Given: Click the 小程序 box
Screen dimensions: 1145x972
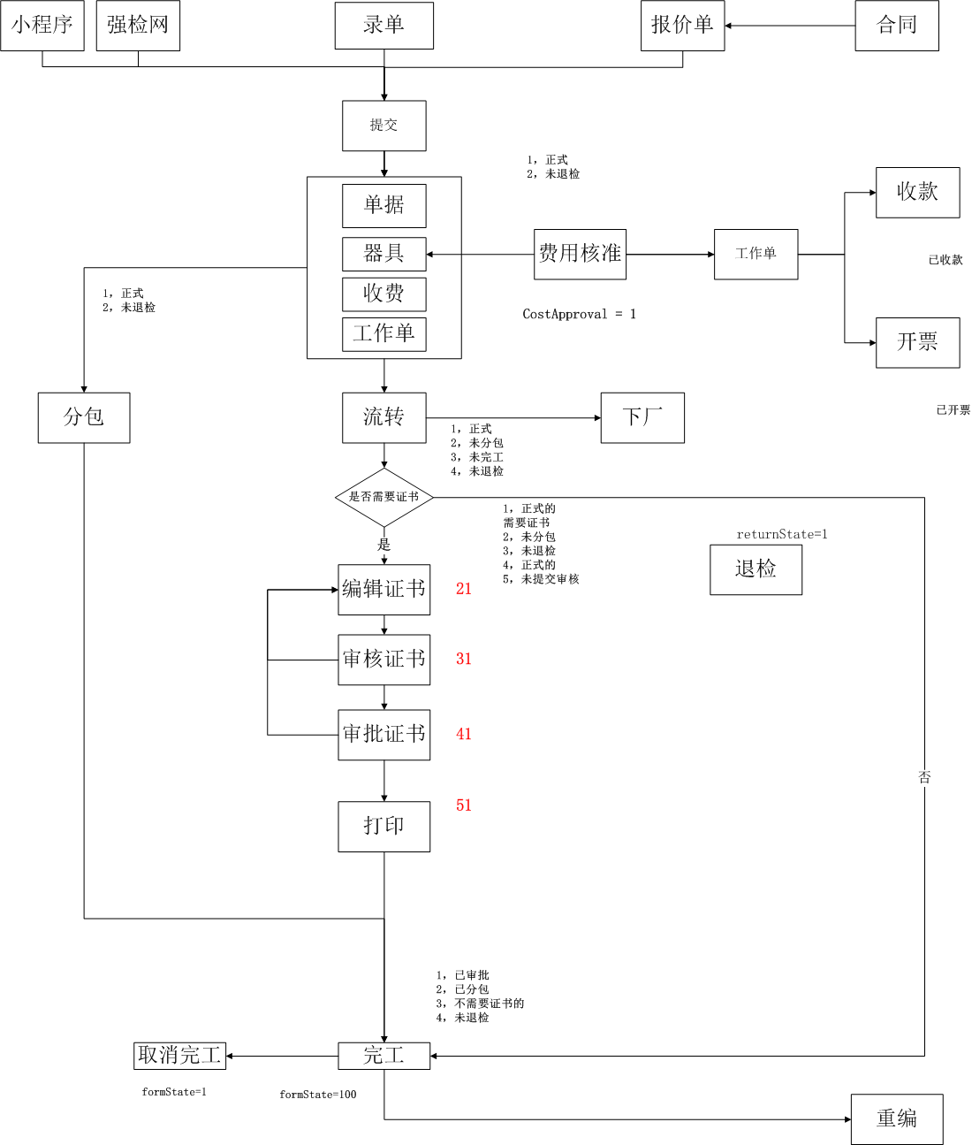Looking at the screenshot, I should coord(42,26).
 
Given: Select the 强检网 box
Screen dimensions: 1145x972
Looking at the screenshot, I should coord(138,26).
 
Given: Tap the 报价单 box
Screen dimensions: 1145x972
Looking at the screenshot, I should coord(682,26).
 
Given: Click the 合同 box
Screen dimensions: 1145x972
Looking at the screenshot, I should coord(897,26).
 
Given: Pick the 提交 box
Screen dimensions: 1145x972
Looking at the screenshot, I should coord(384,126).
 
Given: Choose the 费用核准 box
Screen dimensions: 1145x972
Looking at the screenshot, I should coord(580,255).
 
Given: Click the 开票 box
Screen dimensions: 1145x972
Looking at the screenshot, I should coord(917,342).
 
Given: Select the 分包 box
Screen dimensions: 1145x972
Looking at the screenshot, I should coord(84,417).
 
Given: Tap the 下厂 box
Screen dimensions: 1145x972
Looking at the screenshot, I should coord(642,417).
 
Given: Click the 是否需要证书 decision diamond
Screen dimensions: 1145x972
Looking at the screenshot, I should coord(384,497).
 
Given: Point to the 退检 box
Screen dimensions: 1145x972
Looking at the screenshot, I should coord(756,569).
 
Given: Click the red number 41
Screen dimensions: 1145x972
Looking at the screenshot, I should coord(464,734).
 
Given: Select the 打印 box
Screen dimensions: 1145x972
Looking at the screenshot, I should coord(384,826).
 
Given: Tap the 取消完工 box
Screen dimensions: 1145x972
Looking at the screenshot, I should coord(179,1055).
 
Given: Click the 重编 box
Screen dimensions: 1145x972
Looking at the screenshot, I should coord(897,1119).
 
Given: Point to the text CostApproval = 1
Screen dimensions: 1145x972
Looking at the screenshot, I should coord(579,314).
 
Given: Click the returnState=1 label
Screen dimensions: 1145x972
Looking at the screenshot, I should coord(782,534).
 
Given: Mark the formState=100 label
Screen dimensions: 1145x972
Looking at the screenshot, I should coord(318,1095).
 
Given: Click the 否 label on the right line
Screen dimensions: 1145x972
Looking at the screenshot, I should coord(924,777).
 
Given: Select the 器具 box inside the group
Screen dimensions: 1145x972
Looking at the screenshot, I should coord(384,254).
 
